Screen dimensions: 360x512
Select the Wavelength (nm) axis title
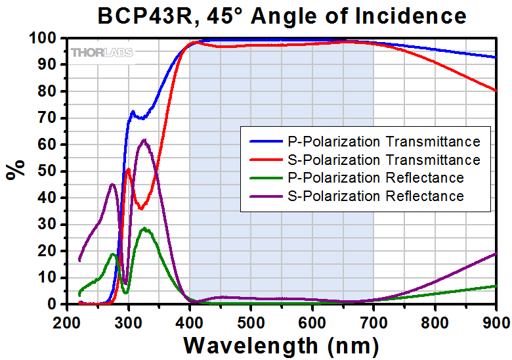pyautogui.click(x=281, y=344)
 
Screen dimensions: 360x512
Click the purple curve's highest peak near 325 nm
pyautogui.click(x=144, y=140)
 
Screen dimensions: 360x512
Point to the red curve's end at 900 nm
pyautogui.click(x=496, y=90)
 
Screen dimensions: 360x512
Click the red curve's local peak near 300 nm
pyautogui.click(x=129, y=169)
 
